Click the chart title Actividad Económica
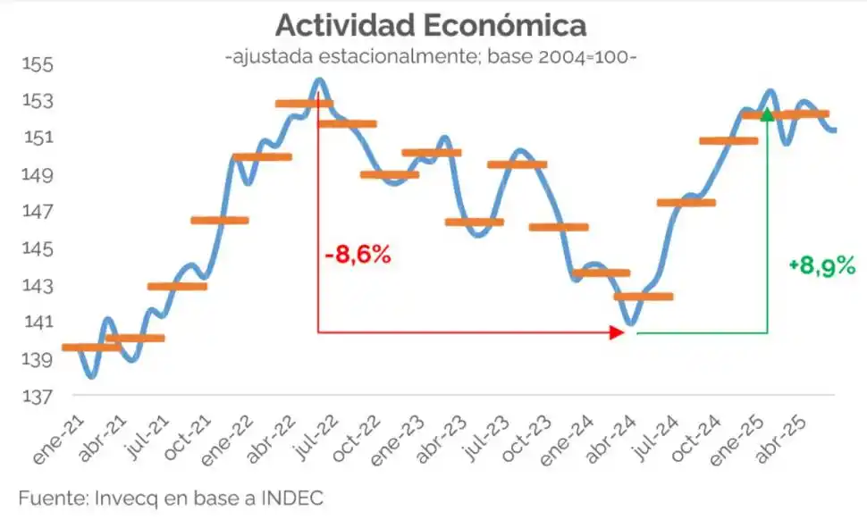431,24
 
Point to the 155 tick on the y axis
38,65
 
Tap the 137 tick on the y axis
38,396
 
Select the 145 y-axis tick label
38,249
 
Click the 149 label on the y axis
38,175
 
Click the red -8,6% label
358,255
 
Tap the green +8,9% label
821,265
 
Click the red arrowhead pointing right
617,332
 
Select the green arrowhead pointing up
767,113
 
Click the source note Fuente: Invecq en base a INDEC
170,498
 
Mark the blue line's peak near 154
319,80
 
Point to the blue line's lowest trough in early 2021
91,376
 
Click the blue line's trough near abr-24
631,324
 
